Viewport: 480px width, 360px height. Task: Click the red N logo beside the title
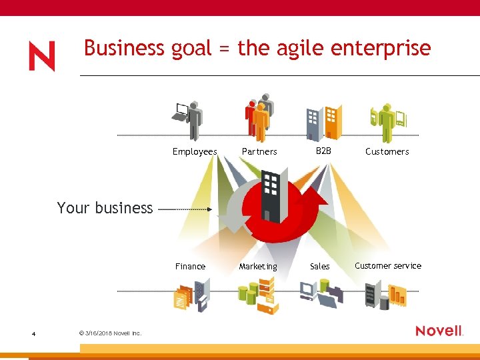tap(41, 56)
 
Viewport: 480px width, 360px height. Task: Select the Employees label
tap(195, 151)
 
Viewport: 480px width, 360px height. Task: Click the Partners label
tap(259, 151)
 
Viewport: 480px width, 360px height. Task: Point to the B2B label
tap(323, 151)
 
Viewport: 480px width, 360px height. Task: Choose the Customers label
tap(387, 151)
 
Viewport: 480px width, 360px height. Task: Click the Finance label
tap(190, 266)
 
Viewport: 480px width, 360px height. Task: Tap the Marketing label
tap(258, 267)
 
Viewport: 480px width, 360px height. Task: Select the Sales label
tap(320, 266)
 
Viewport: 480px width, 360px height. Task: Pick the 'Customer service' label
tap(388, 265)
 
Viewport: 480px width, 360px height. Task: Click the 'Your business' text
tap(105, 208)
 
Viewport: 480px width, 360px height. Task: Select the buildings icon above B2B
tap(323, 120)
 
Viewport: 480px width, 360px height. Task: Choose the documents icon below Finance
tap(191, 295)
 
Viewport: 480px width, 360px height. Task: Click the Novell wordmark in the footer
tap(439, 331)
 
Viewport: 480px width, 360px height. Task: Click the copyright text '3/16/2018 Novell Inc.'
tap(110, 333)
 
